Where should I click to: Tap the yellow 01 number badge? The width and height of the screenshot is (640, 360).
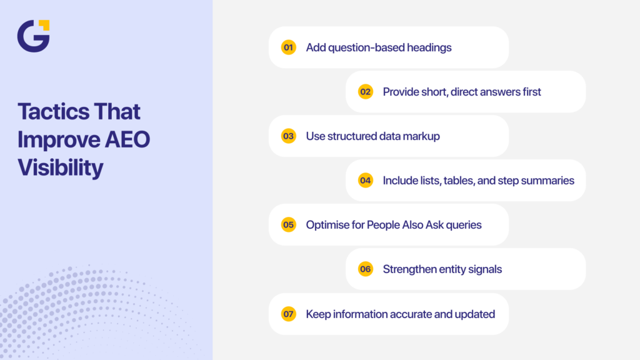coord(288,47)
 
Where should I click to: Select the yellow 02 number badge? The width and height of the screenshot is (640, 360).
coord(365,92)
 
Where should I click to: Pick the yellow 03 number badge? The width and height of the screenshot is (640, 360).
coord(288,136)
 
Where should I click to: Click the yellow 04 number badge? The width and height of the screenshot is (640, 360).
coord(365,181)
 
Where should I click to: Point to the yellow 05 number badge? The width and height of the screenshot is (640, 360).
coord(288,225)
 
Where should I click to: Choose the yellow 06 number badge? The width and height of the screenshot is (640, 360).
coord(365,269)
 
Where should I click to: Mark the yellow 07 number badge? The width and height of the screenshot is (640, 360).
coord(288,314)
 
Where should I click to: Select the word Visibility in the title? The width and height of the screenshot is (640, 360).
coord(60,167)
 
